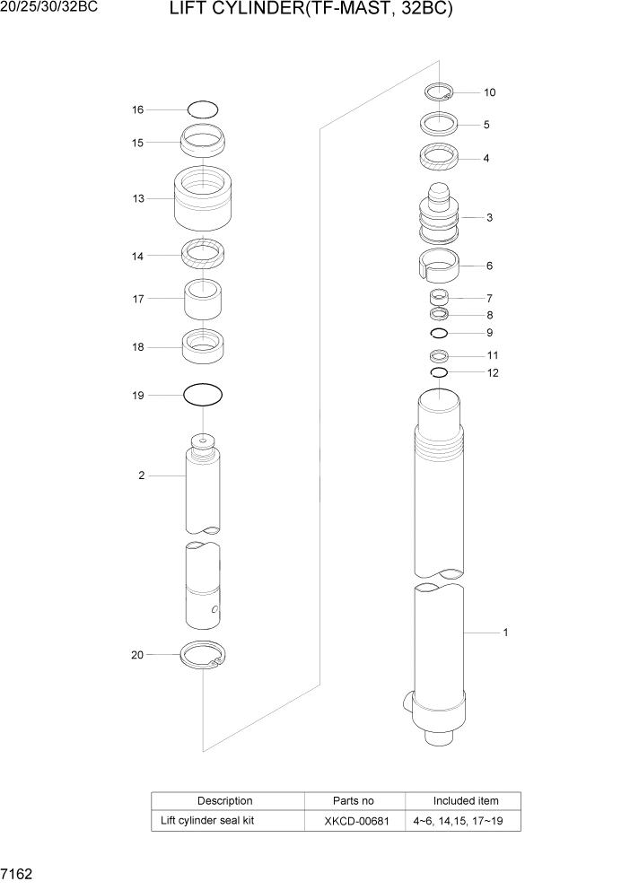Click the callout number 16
(137, 109)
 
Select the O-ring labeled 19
(203, 394)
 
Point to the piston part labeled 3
(440, 218)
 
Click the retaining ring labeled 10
(440, 91)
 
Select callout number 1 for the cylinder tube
(505, 633)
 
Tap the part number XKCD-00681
(354, 820)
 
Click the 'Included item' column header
(465, 800)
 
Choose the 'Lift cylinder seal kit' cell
(207, 820)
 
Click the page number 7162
(19, 872)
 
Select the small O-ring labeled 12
(439, 372)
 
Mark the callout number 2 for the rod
(141, 476)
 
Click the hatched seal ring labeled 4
(440, 157)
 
